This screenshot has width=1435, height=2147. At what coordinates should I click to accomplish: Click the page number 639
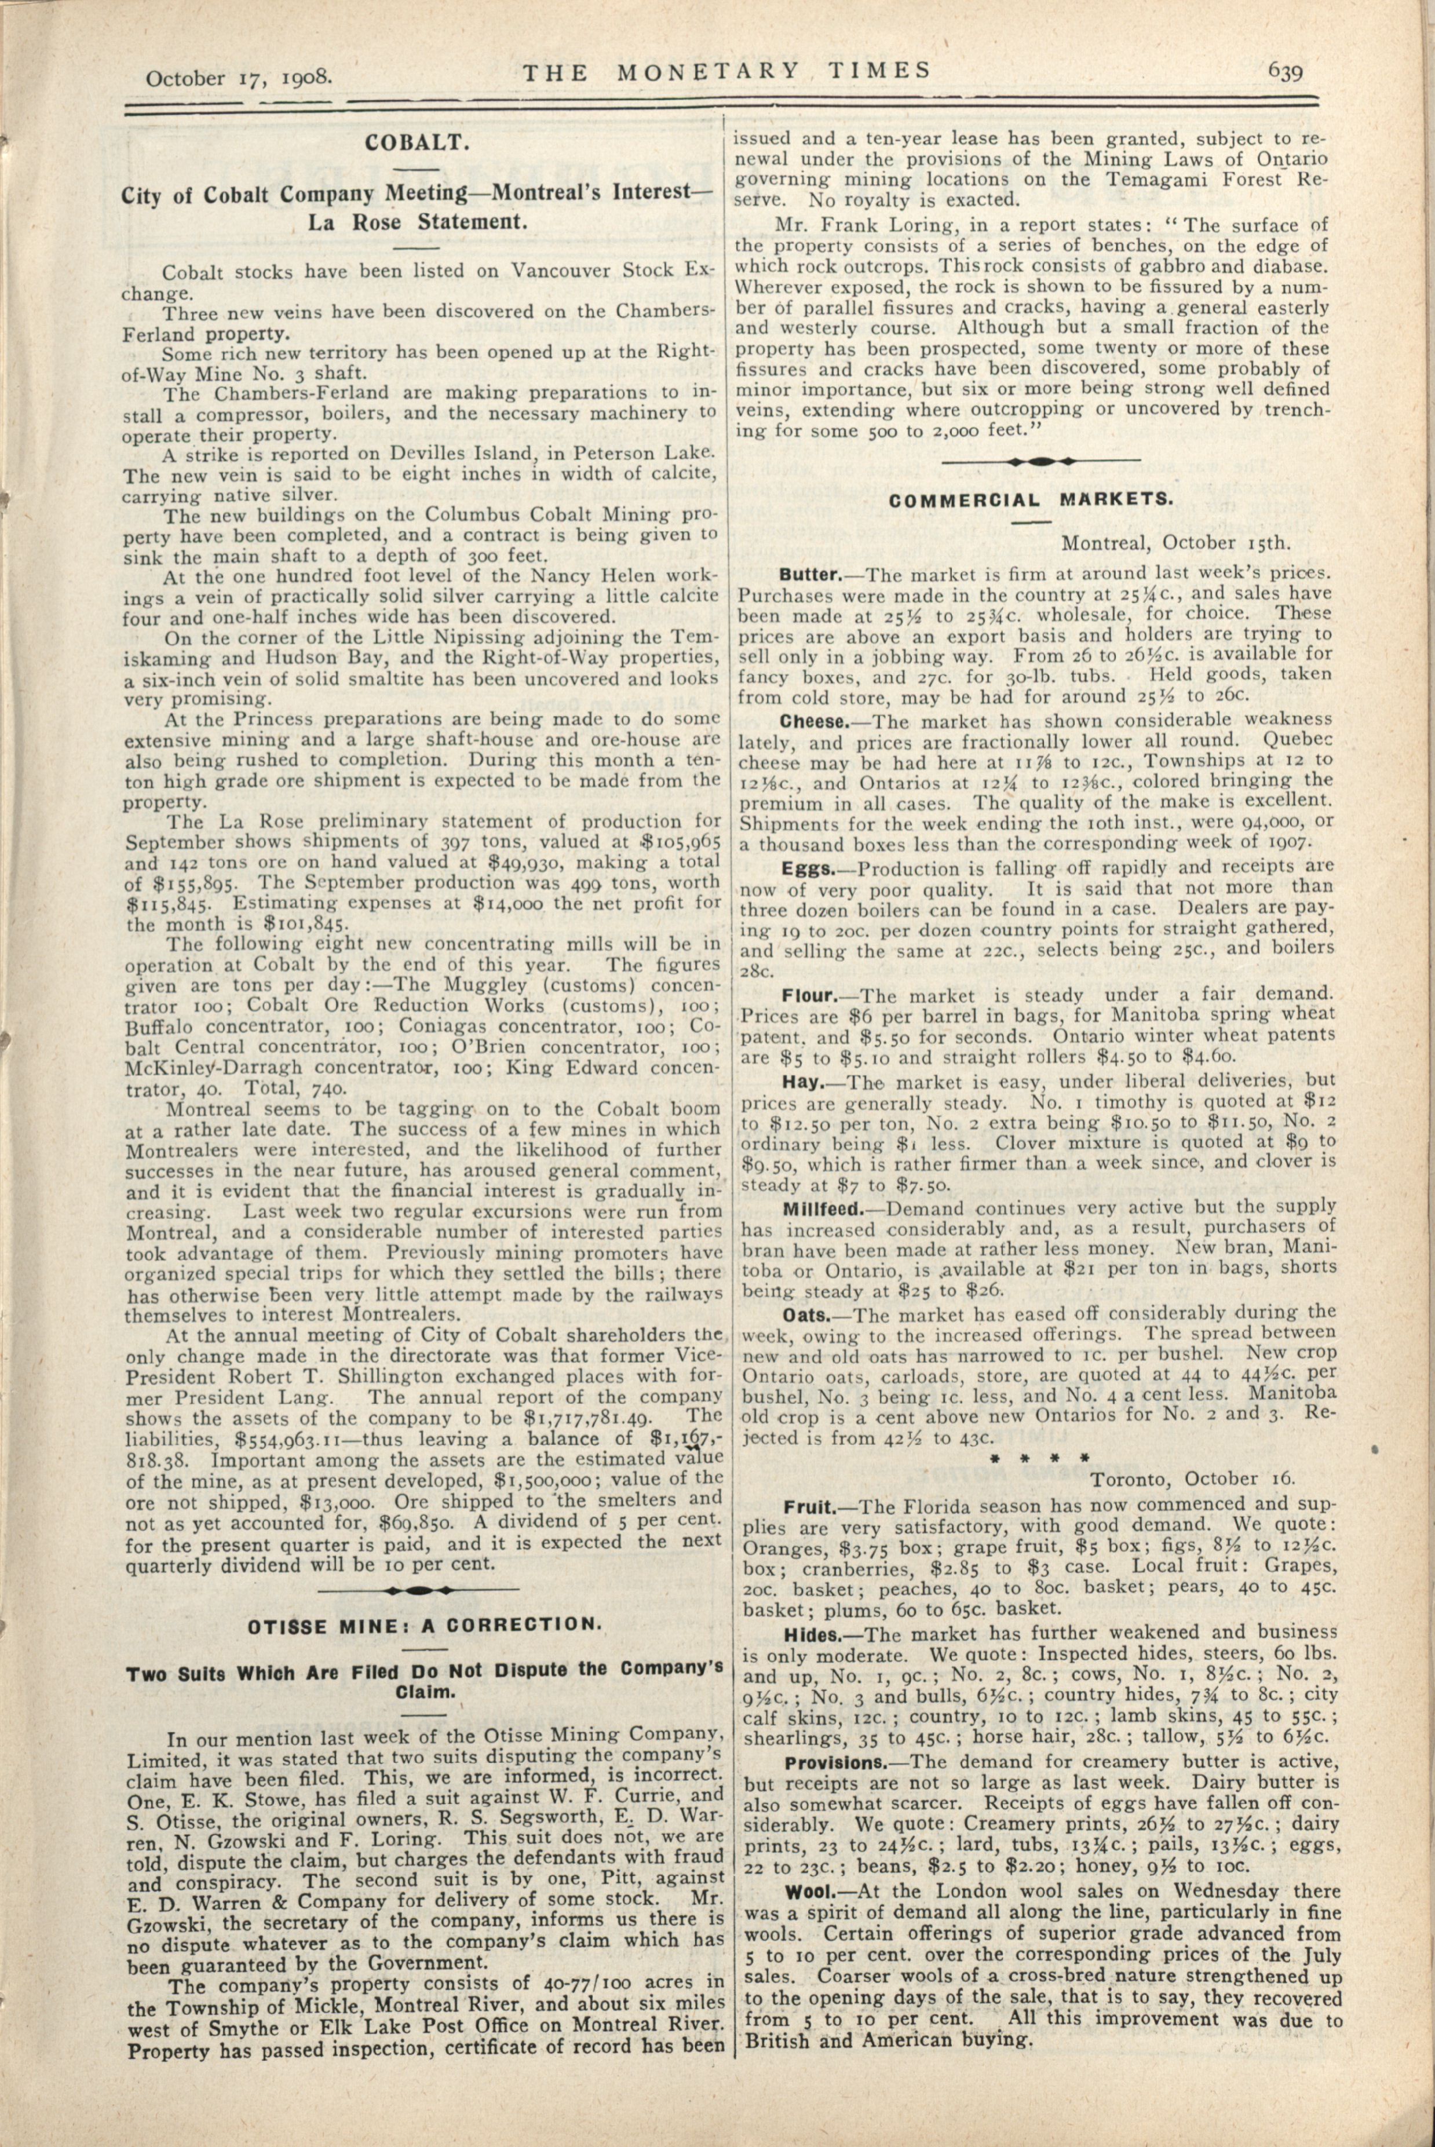pos(1285,71)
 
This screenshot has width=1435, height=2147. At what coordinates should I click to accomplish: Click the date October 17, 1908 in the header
pos(238,77)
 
